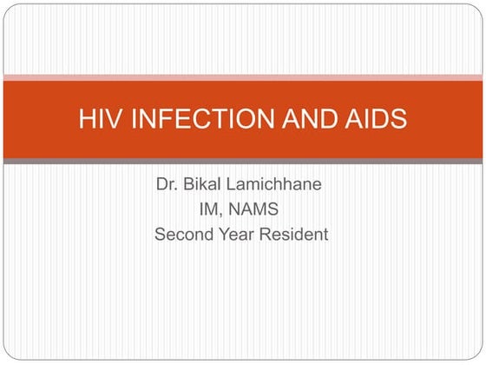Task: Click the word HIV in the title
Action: [x=96, y=119]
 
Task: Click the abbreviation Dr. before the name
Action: [x=167, y=185]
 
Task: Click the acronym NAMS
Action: [x=258, y=209]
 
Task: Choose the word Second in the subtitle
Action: [x=184, y=234]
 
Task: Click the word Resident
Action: [x=295, y=234]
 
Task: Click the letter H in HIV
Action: [x=85, y=119]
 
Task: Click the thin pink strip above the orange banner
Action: [x=243, y=77]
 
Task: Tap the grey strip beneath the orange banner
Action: [x=243, y=161]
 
